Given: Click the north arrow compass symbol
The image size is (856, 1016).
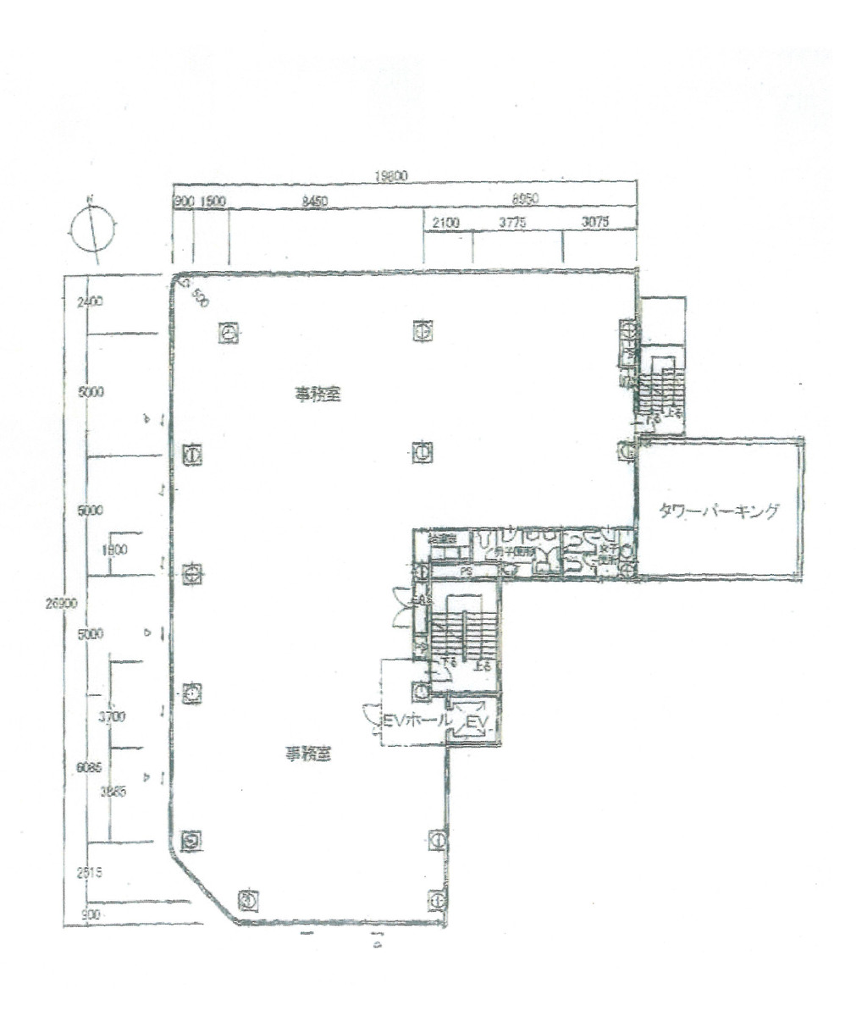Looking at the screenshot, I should click(x=92, y=227).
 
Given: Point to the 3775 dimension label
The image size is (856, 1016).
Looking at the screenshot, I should click(x=513, y=222).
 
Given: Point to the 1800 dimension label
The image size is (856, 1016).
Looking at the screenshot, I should click(x=113, y=549).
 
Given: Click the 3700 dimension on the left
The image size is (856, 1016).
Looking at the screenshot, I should click(x=112, y=717).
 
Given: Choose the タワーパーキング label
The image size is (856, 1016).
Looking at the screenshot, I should click(x=719, y=511).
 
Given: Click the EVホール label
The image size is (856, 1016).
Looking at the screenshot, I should click(x=410, y=721).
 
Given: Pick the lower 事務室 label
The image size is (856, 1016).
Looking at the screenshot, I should click(x=307, y=755).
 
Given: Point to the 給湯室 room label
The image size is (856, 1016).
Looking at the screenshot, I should click(x=442, y=538).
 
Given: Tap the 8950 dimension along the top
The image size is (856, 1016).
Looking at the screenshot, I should click(x=526, y=202).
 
